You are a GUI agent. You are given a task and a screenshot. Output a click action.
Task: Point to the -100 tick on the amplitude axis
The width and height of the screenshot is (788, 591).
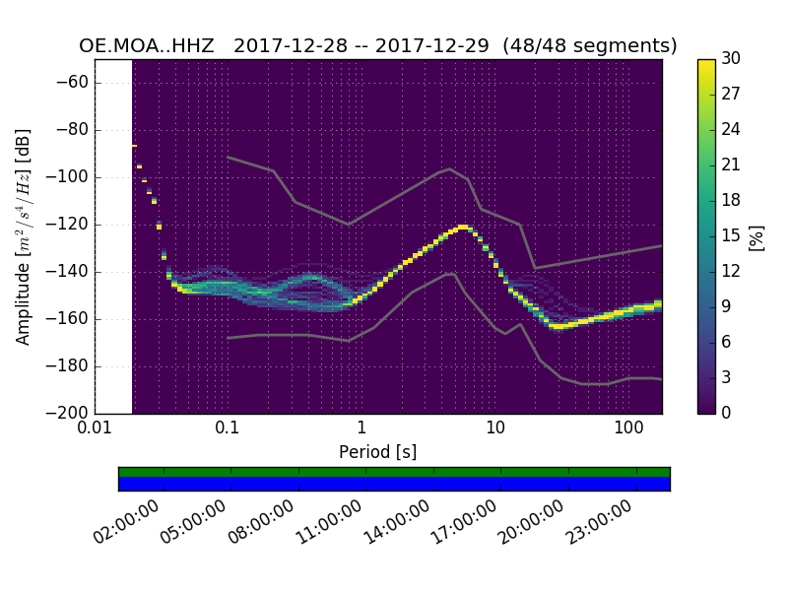click(73, 177)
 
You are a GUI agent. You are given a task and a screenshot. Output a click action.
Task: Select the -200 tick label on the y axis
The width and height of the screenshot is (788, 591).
click(73, 414)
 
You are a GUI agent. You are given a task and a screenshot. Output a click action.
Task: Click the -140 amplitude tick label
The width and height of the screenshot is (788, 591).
click(73, 272)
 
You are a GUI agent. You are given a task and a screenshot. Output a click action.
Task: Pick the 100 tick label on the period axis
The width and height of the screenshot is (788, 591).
click(628, 429)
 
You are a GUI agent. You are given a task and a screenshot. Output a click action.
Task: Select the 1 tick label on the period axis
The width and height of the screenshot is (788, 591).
click(361, 429)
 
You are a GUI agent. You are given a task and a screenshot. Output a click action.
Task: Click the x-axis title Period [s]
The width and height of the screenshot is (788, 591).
click(377, 452)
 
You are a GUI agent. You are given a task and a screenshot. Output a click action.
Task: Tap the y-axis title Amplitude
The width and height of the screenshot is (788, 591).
click(24, 236)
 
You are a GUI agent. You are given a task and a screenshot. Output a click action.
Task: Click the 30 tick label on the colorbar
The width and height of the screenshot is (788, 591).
click(731, 59)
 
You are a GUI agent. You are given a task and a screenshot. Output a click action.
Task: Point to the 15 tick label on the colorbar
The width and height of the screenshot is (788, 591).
click(731, 236)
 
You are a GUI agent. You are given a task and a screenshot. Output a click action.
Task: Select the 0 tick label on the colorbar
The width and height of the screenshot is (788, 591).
click(727, 414)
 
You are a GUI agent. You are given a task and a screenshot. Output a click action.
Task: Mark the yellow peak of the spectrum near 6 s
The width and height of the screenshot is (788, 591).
click(463, 227)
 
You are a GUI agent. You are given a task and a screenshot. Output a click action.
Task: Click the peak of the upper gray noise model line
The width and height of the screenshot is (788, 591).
click(450, 168)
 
